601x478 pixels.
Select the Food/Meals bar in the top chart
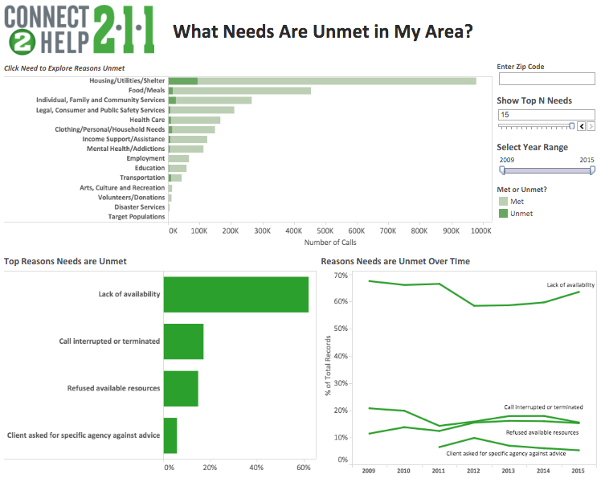241,91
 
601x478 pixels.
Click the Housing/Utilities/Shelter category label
128,81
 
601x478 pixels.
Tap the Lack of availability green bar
235,294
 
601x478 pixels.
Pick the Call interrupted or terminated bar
183,341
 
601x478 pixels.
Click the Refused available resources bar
181,389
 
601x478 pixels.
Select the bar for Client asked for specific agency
170,435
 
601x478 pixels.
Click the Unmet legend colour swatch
504,214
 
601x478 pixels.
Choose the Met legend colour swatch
504,202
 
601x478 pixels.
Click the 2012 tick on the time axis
472,470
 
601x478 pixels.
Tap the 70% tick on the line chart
340,276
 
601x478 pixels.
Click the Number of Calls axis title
330,242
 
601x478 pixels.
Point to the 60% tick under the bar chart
303,467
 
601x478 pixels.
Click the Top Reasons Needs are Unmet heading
65,261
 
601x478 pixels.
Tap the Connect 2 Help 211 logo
80,31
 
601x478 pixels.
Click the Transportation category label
142,178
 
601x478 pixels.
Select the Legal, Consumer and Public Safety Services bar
202,110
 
